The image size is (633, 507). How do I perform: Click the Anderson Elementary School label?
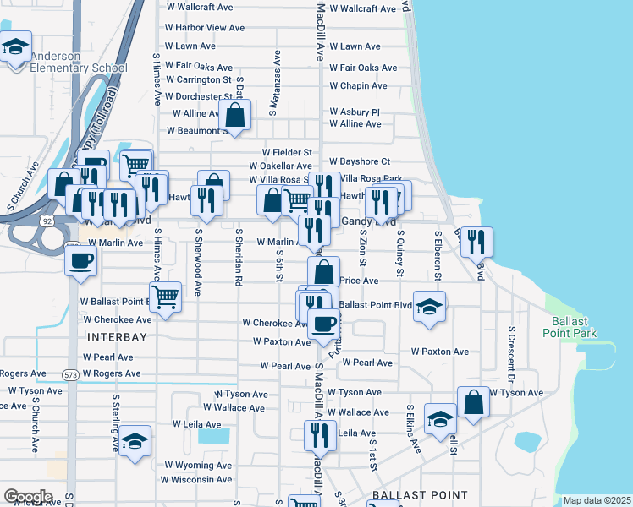[x=78, y=62]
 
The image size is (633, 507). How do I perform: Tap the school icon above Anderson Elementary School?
[x=14, y=48]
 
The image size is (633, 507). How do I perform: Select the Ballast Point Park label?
[x=574, y=327]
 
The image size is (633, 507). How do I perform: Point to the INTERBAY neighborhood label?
[x=118, y=336]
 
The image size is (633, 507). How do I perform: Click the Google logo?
[x=28, y=496]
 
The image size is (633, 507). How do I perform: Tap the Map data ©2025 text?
[x=596, y=500]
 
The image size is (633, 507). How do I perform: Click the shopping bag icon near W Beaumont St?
[x=236, y=115]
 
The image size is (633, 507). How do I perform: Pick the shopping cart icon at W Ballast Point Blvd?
[x=166, y=296]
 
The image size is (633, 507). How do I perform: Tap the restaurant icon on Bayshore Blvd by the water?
[x=476, y=242]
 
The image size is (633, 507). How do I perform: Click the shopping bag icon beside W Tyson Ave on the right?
[x=474, y=403]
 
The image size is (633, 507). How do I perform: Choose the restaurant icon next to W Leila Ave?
[x=320, y=436]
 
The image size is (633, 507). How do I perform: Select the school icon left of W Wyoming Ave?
[x=135, y=441]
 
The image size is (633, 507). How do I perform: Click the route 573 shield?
[x=71, y=373]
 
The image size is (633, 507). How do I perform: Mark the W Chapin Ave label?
[x=358, y=85]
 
